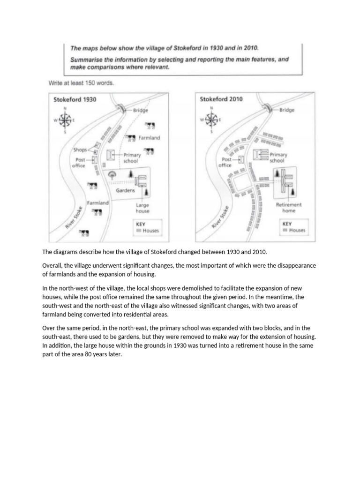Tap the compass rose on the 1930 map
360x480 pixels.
coord(65,120)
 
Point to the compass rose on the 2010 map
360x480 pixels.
coord(211,120)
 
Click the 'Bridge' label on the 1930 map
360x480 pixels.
coord(140,111)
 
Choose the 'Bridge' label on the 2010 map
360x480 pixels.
coord(286,111)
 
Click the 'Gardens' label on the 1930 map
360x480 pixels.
coord(125,191)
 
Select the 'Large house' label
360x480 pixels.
coord(142,208)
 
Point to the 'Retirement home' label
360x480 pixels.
coord(289,208)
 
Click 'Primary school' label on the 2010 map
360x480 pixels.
coord(278,157)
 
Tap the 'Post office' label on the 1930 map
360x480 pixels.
coord(78,162)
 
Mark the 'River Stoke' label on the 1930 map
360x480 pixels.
coord(75,217)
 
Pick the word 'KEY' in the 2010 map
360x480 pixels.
coord(287,224)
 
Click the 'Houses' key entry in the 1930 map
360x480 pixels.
coord(150,231)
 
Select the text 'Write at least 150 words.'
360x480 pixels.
coord(81,83)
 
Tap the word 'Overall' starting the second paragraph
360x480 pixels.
coord(52,265)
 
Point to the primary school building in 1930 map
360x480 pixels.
coord(110,155)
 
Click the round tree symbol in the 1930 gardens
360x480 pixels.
coord(112,175)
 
